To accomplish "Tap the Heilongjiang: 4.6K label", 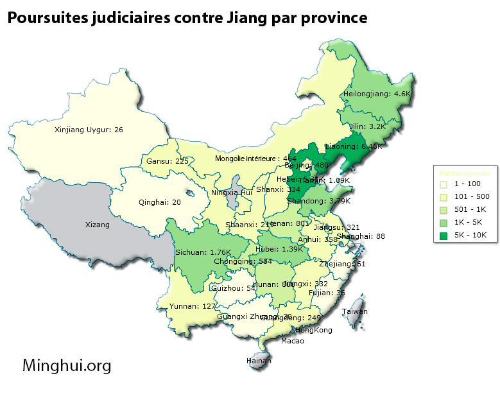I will tap(376, 94).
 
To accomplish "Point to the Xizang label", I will tap(98, 225).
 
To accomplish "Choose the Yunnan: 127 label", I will tap(193, 306).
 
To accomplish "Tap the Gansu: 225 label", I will tap(168, 161).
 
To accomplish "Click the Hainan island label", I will tap(259, 361).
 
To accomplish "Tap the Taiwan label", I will tap(355, 311).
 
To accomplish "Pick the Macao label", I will tap(293, 341).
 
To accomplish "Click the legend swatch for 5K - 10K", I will tap(444, 236).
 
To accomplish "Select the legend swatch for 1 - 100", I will tap(444, 184).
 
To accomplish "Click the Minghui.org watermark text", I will tap(67, 366).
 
